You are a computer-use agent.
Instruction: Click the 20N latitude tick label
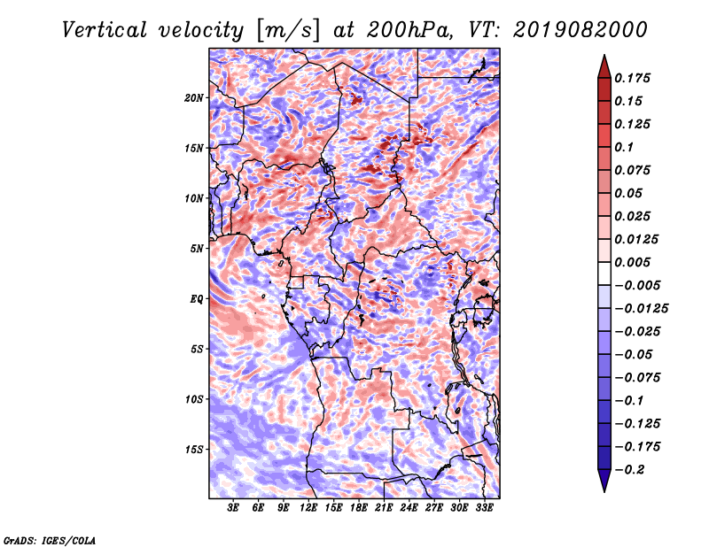tap(194, 98)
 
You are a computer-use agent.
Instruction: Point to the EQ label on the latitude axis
tap(197, 299)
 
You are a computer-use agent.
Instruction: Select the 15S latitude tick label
tap(194, 450)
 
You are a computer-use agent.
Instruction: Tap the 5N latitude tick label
tap(197, 249)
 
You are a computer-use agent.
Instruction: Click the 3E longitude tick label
tap(233, 508)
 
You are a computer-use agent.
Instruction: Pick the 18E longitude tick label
tap(359, 508)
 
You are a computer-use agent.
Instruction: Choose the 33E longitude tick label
tap(484, 508)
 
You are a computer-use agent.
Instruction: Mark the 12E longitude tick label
tap(308, 508)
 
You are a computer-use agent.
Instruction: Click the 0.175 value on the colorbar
tap(633, 78)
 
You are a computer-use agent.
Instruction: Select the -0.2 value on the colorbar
tap(629, 470)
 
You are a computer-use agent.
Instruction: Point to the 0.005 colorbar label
tap(633, 262)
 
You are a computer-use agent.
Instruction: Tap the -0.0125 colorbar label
tap(641, 309)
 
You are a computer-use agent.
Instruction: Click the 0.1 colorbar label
tap(624, 147)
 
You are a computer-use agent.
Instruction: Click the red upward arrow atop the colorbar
tap(604, 66)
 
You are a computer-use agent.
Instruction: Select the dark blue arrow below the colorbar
tap(604, 481)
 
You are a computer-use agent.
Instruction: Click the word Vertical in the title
tap(105, 30)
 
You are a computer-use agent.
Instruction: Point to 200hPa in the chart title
tap(409, 30)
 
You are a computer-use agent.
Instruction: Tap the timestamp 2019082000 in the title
tap(580, 30)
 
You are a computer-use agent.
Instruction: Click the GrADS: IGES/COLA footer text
tap(50, 541)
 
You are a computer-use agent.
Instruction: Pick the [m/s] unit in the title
tap(288, 31)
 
